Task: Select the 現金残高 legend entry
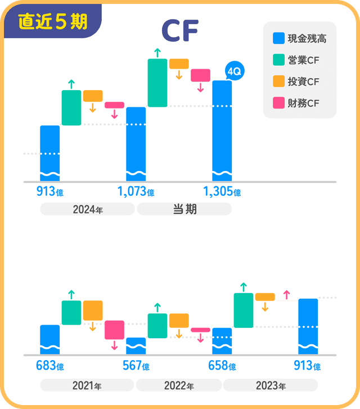coord(299,39)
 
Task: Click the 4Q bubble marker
coord(233,71)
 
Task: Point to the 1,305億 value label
coord(222,192)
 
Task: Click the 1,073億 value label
coord(136,192)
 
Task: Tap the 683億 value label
coord(49,366)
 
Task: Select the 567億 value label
coord(136,366)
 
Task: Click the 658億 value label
coord(222,366)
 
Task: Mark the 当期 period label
coord(184,209)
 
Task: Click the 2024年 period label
coord(87,209)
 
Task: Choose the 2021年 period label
coord(87,386)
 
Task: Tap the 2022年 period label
coord(178,386)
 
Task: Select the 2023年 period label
coord(270,386)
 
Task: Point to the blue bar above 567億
coord(136,346)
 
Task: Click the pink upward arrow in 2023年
coord(286,294)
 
